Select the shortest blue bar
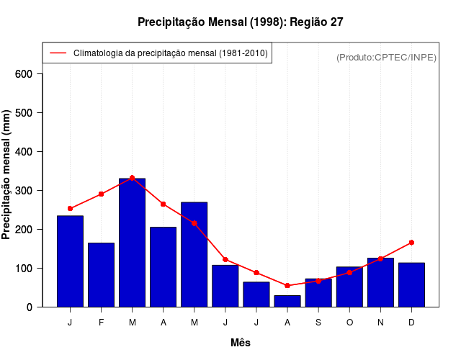pos(287,301)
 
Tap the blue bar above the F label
pos(101,274)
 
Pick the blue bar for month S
pos(318,292)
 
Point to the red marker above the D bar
pos(411,243)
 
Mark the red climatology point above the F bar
pos(101,194)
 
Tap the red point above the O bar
pos(349,272)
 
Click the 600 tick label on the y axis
pos(34,74)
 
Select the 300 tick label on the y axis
pos(34,191)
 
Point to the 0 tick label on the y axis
pos(39,307)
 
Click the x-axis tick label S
pos(318,323)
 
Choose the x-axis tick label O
pos(349,323)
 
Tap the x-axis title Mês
pos(241,343)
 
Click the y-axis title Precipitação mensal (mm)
pos(8,175)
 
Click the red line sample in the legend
pos(58,53)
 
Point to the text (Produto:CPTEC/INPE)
pos(386,57)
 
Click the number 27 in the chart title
pos(336,22)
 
